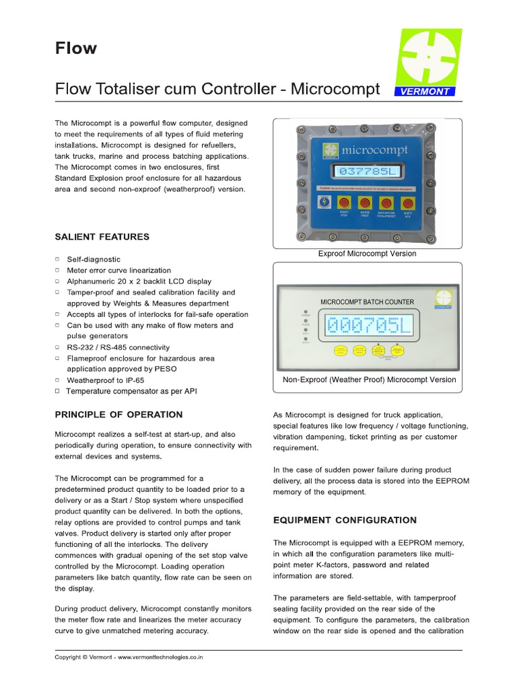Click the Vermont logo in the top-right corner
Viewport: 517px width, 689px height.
pos(427,63)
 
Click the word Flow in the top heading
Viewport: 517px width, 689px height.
pos(75,48)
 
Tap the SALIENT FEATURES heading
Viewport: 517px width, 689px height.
pos(102,237)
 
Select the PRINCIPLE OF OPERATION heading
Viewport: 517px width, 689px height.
pos(118,414)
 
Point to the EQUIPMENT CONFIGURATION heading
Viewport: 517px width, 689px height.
pos(345,520)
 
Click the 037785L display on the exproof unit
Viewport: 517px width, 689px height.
pos(368,172)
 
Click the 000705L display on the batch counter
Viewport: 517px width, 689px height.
pos(368,326)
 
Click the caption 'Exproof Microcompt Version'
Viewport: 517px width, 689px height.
pos(367,254)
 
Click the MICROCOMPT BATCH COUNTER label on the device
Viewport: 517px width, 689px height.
pos(367,302)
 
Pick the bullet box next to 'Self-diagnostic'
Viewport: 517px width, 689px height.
pos(57,258)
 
